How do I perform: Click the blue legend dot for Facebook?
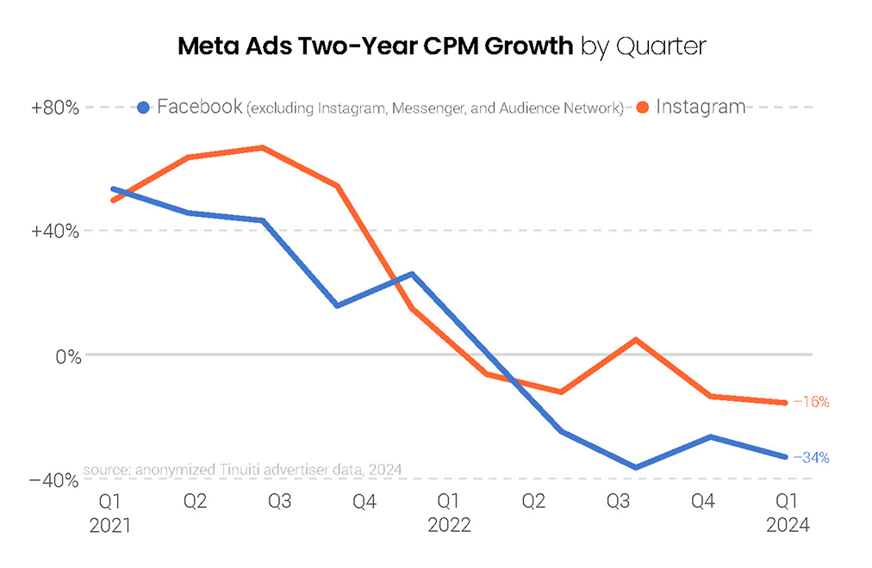(145, 108)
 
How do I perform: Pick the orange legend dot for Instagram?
(643, 108)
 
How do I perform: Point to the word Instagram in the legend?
(701, 107)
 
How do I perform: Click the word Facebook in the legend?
(200, 108)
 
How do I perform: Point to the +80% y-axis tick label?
(56, 108)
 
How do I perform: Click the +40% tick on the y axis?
(56, 232)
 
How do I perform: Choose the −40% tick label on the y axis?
(55, 480)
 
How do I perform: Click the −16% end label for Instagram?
(811, 402)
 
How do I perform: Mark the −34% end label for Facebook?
(811, 457)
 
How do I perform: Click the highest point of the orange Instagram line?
(262, 148)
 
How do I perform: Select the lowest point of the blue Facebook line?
(636, 468)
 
